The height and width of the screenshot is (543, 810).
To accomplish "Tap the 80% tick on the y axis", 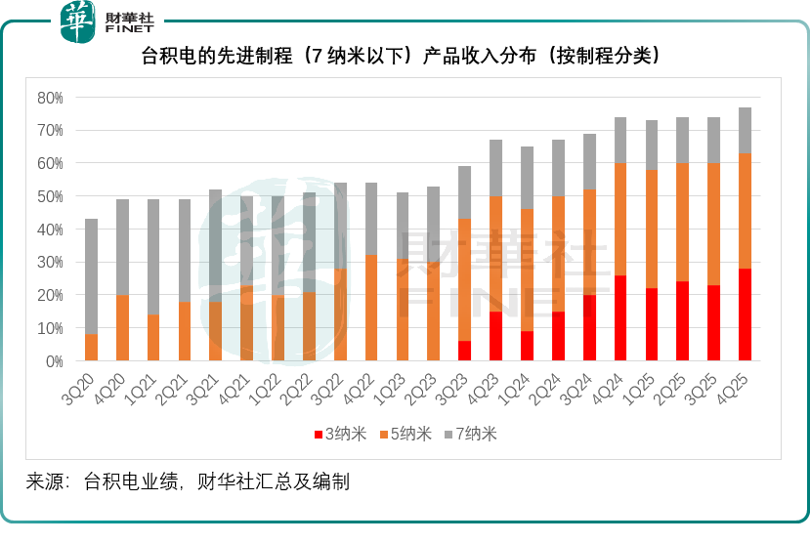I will coord(50,98).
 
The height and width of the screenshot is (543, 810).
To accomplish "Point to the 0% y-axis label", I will coord(54,361).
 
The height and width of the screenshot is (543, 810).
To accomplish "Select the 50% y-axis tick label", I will coord(50,196).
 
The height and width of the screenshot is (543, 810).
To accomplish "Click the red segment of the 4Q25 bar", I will coord(745,315).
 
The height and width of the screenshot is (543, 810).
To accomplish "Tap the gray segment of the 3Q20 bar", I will coord(91,276).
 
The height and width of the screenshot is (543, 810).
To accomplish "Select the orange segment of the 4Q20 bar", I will coord(122,328).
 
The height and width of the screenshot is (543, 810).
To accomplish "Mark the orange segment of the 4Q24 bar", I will coord(619,220).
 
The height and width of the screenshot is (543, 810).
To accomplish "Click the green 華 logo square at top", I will coord(79,21).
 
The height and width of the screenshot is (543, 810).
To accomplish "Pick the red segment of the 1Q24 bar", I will coord(527,347).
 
